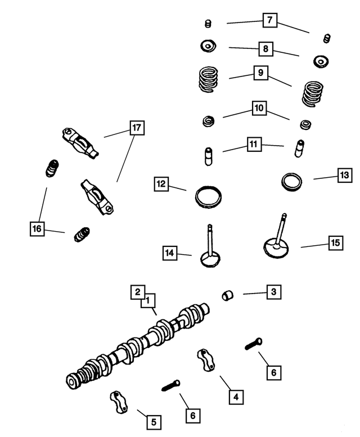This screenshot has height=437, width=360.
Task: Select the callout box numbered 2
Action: click(137, 292)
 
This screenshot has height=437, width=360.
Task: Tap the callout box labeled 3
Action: click(273, 292)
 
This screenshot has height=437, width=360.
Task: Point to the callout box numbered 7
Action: click(269, 21)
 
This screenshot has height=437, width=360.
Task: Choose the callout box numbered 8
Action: click(264, 48)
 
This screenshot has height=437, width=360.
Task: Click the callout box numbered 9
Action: click(260, 73)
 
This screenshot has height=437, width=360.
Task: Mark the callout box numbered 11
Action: click(254, 145)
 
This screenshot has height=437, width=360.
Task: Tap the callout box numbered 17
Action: click(136, 128)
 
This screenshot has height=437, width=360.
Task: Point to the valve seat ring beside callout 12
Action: click(208, 197)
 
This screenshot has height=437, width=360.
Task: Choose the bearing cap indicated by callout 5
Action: click(120, 402)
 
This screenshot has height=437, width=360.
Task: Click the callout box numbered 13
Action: click(344, 175)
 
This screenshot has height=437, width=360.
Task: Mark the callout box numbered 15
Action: click(335, 243)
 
